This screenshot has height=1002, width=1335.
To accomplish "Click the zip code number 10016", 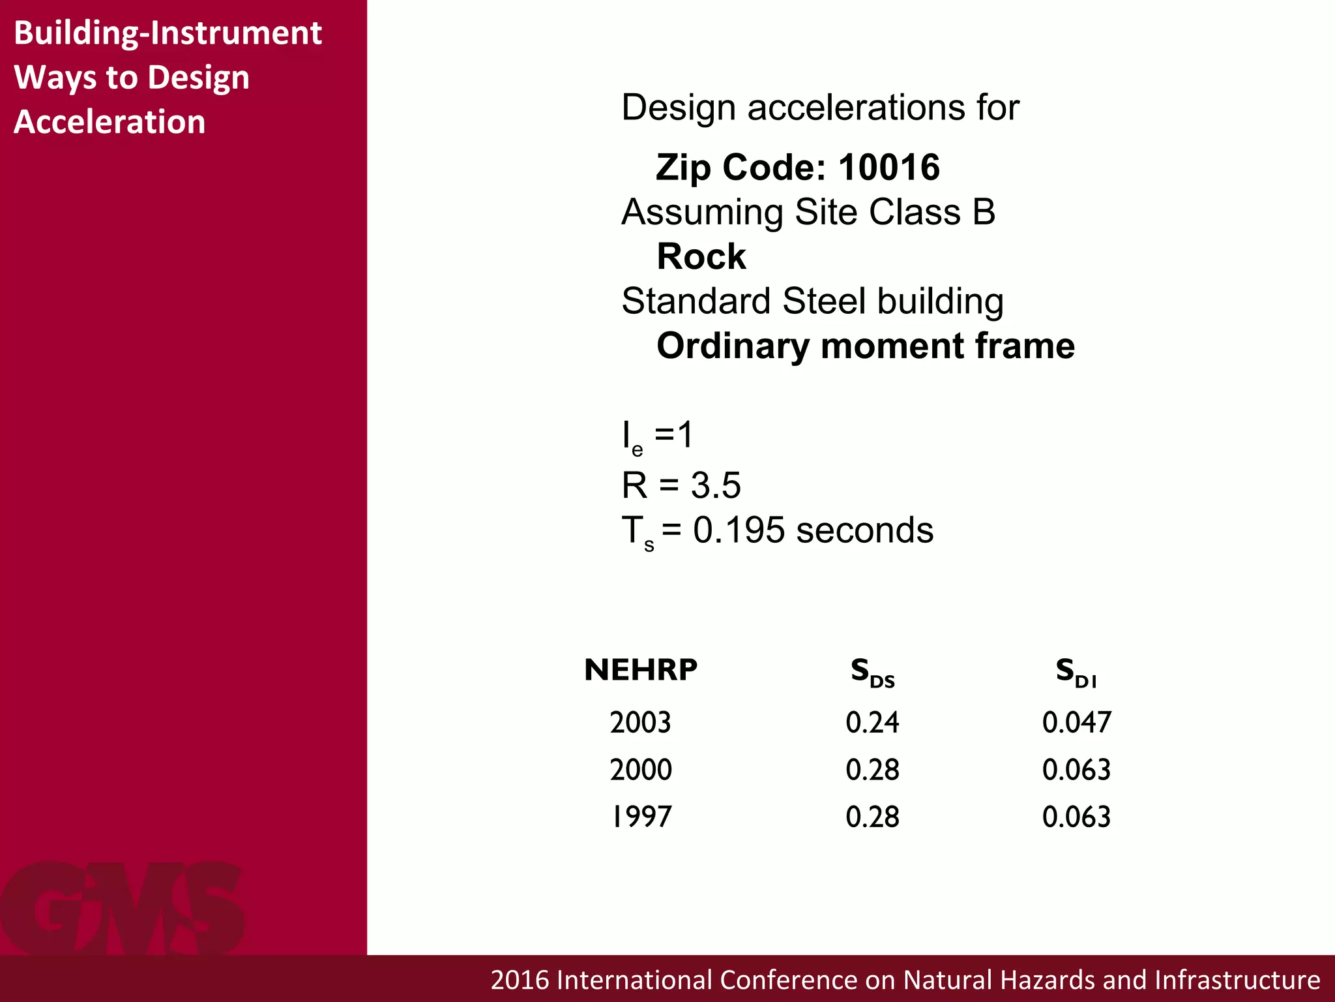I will (x=889, y=168).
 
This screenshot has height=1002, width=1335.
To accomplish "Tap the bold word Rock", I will (x=701, y=256).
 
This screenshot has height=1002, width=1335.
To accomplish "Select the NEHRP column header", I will (x=641, y=671).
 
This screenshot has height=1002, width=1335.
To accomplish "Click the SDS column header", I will (x=872, y=673).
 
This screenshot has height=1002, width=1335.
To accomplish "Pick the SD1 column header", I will (x=1076, y=673).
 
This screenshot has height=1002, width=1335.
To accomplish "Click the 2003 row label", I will (x=640, y=723).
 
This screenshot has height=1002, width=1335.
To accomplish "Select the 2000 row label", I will (x=641, y=770).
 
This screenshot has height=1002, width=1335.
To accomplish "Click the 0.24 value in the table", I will (x=872, y=723).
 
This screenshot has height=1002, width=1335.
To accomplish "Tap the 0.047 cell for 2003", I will (x=1076, y=723).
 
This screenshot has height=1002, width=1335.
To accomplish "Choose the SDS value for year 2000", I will (x=872, y=770).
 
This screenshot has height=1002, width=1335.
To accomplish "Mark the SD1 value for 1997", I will (x=1076, y=817).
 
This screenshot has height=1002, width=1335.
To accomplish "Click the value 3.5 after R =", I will (x=716, y=486).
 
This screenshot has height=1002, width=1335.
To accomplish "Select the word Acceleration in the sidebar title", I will (x=110, y=122).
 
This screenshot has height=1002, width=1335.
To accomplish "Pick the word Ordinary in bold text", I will (x=733, y=346).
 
